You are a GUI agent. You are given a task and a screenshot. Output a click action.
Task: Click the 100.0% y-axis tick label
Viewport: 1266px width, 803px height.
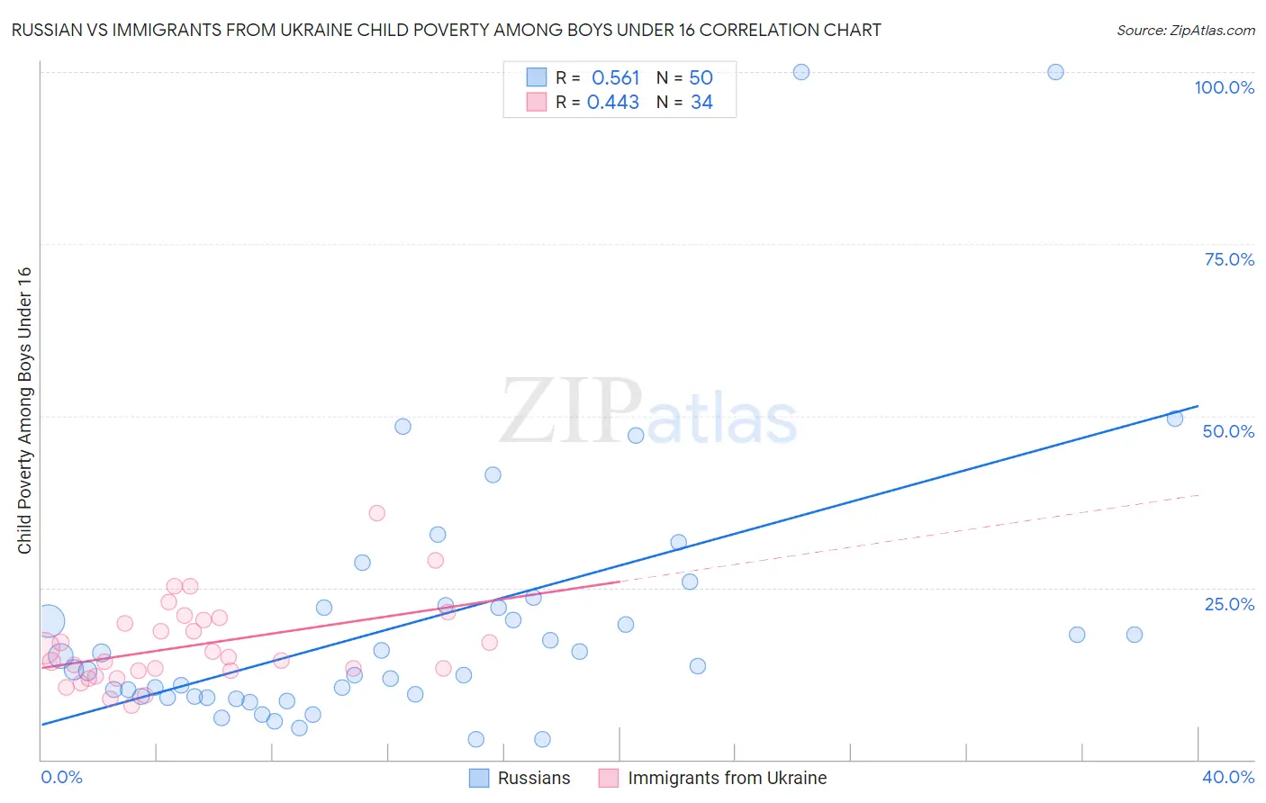pyautogui.click(x=1224, y=87)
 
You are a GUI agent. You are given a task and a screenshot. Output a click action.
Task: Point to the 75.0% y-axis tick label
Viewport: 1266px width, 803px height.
pyautogui.click(x=1229, y=259)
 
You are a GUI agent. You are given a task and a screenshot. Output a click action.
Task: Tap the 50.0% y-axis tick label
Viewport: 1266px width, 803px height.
pyautogui.click(x=1228, y=431)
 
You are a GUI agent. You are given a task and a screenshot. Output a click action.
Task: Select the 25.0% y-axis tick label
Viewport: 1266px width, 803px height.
pyautogui.click(x=1229, y=603)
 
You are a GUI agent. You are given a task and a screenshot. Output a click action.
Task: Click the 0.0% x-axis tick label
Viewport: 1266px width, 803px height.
pyautogui.click(x=61, y=777)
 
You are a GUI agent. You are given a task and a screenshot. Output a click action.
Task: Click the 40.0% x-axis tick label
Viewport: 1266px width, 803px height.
pyautogui.click(x=1228, y=777)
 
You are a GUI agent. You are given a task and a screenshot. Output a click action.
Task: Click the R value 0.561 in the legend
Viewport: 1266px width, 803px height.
pyautogui.click(x=615, y=78)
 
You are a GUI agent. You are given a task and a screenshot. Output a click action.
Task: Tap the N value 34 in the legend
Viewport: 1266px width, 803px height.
pyautogui.click(x=701, y=103)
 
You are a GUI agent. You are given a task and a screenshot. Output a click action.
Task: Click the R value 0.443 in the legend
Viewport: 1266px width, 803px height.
pyautogui.click(x=613, y=103)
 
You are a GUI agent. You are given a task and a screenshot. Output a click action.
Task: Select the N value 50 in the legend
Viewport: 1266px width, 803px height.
pyautogui.click(x=701, y=78)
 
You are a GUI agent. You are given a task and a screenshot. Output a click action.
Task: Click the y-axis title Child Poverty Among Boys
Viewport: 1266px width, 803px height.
pyautogui.click(x=24, y=411)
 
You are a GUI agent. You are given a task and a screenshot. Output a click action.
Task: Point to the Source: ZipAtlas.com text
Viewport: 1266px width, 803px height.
pyautogui.click(x=1185, y=31)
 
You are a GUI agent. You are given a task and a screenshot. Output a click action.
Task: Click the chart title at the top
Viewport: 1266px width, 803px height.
pyautogui.click(x=447, y=30)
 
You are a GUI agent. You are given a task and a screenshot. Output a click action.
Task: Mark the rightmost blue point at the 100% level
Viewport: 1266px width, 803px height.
pyautogui.click(x=1055, y=72)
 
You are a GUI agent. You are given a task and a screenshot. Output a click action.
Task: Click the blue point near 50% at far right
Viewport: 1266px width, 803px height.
pyautogui.click(x=1174, y=418)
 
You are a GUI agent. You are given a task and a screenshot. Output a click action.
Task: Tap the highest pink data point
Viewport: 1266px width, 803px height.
pyautogui.click(x=376, y=513)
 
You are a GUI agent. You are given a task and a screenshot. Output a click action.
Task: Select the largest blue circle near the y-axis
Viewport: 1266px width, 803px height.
pyautogui.click(x=49, y=620)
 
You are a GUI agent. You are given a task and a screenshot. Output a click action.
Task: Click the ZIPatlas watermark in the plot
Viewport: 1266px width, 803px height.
pyautogui.click(x=648, y=412)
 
